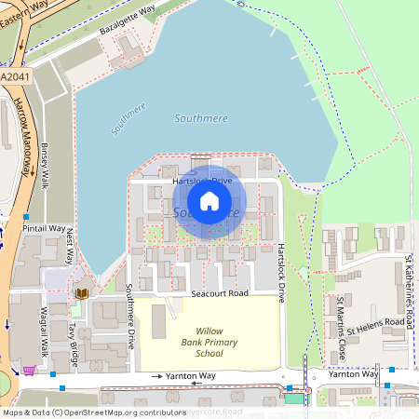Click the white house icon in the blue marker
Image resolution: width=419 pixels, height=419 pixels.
click(x=209, y=200)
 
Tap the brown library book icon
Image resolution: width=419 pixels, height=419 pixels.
click(x=82, y=293)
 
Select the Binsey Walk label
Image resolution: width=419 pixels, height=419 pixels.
click(x=44, y=166)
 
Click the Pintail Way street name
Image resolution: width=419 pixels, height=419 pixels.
click(x=45, y=228)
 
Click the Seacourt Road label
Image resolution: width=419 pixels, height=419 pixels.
click(x=220, y=293)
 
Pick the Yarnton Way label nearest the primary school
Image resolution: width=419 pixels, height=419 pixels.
click(x=191, y=375)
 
